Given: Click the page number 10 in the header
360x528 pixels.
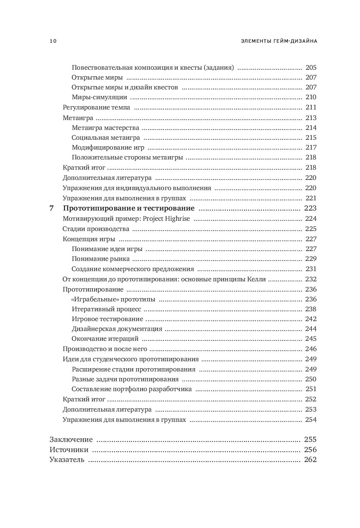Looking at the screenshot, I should click(x=53, y=41).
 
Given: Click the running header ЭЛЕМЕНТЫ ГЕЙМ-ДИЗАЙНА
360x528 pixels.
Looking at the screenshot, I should click(x=279, y=41).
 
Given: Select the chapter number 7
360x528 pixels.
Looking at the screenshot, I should click(x=51, y=208).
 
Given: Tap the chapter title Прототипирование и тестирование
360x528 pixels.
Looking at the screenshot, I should click(x=129, y=208).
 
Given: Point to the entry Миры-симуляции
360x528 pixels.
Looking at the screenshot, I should click(x=99, y=97).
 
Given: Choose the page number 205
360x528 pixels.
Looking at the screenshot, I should click(x=311, y=68).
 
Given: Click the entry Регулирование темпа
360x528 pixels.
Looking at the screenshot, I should click(x=96, y=107).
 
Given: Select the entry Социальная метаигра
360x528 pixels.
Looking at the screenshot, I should click(x=106, y=138).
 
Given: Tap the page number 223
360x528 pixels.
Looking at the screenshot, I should click(x=310, y=208).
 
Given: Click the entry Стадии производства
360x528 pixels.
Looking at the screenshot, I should click(x=96, y=229).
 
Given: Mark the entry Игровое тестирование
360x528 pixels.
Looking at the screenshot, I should click(x=107, y=319).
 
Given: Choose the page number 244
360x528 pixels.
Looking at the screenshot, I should click(x=311, y=329).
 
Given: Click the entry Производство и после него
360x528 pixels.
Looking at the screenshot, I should click(x=105, y=349).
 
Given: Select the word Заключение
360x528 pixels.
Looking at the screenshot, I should click(x=71, y=439).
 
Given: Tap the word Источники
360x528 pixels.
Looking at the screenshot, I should click(x=69, y=450).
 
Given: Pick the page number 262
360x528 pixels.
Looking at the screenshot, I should click(x=310, y=459).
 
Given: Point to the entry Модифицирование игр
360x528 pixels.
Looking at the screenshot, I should click(x=108, y=147).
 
